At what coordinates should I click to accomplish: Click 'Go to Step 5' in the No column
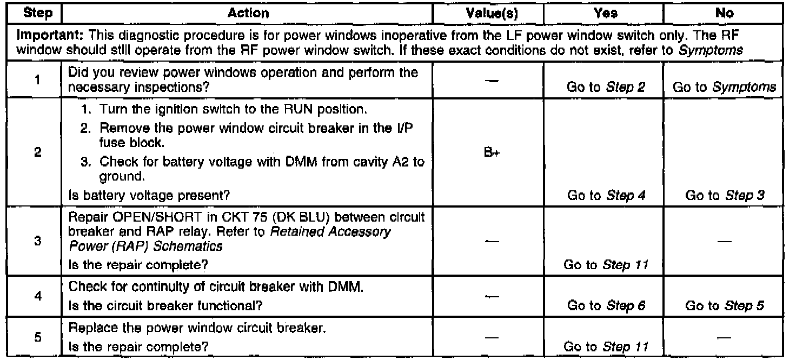point(725,306)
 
